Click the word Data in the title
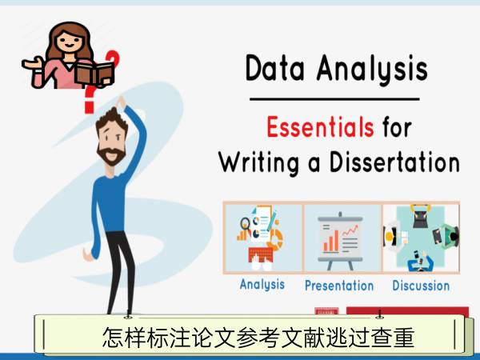pos(275,68)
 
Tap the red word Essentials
pos(320,126)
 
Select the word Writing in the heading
pos(259,162)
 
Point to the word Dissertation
pos(394,162)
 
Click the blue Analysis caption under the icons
pos(262,285)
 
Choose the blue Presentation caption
pos(339,286)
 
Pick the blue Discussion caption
pos(421,286)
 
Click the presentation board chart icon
pos(341,241)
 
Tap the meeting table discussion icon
pos(422,238)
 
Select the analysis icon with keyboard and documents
pos(261,238)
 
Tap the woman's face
pos(70,42)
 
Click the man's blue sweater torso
pos(113,202)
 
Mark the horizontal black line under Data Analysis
pos(334,99)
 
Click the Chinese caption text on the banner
pos(258,337)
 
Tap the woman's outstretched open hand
pos(31,63)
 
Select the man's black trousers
pos(121,273)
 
